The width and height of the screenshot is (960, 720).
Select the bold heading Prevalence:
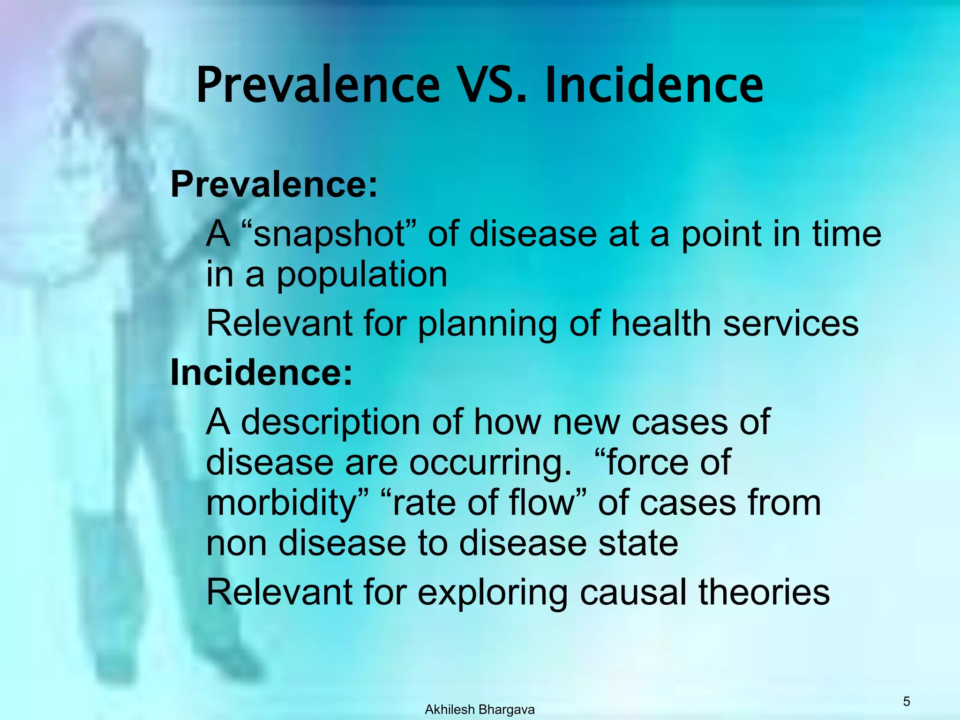pos(274,184)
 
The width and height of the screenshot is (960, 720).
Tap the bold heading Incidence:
pos(261,373)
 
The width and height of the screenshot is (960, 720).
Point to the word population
pos(361,276)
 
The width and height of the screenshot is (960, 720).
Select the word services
pos(791,323)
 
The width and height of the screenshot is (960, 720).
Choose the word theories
pos(764,592)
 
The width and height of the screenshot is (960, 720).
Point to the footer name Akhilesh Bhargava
pos(480,710)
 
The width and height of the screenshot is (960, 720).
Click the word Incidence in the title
pos(654,85)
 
